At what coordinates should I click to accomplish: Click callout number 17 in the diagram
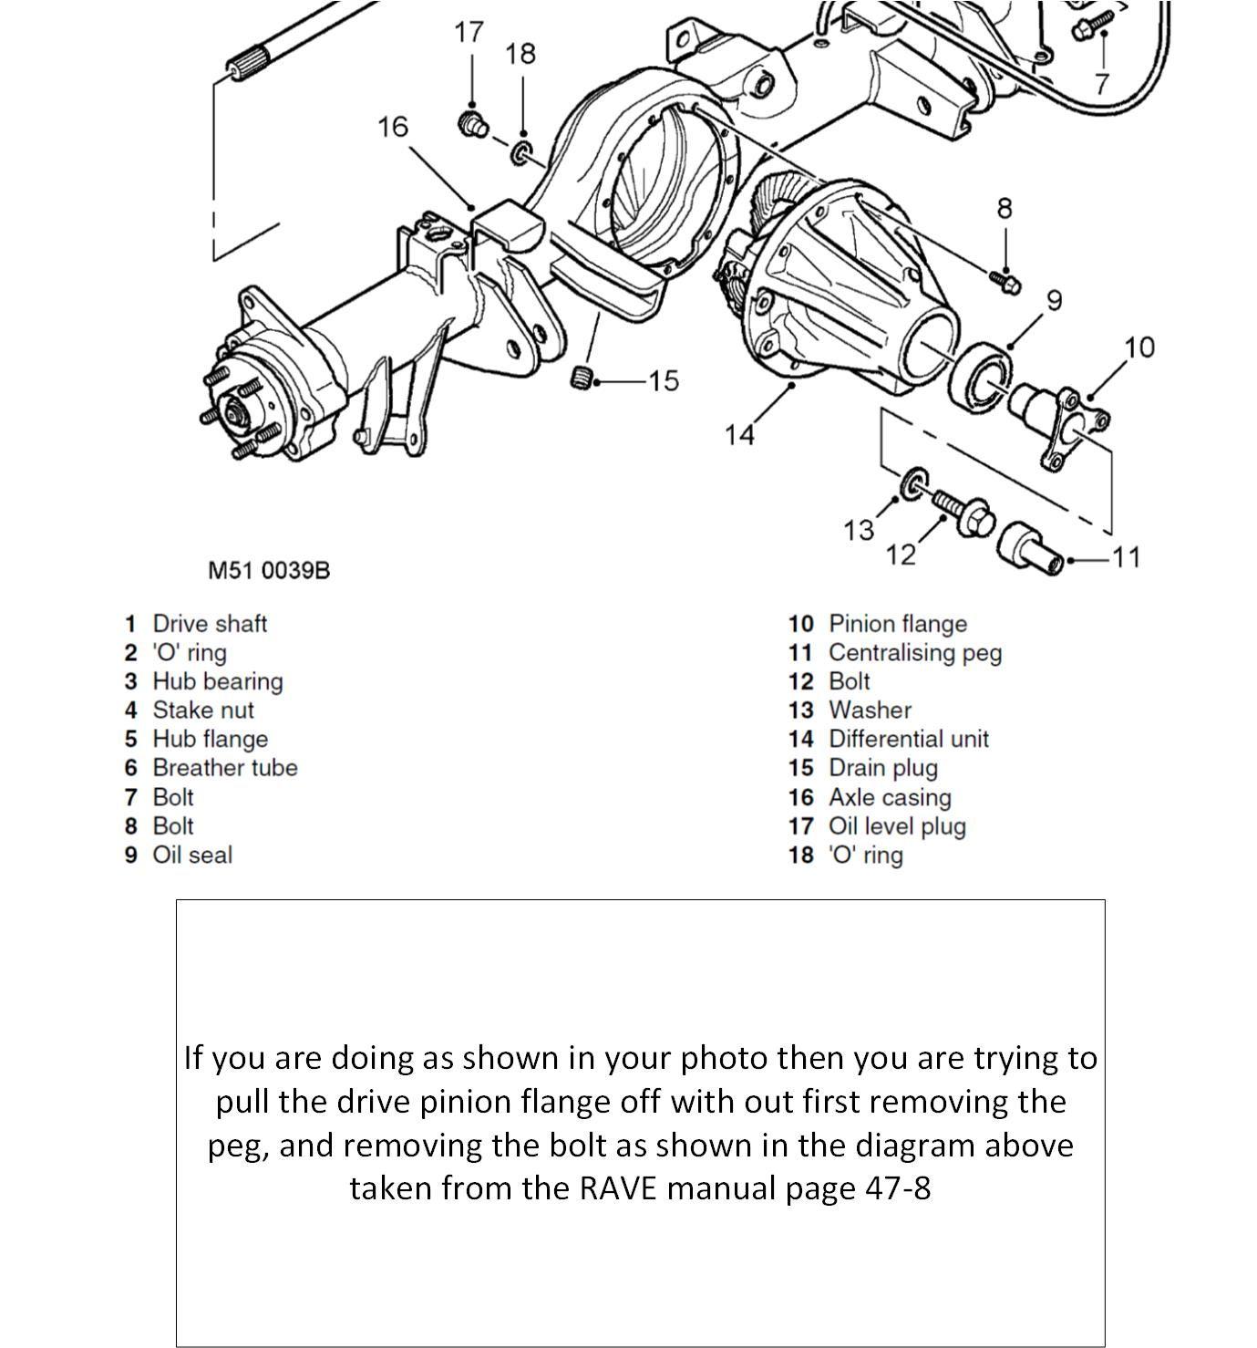pos(468,33)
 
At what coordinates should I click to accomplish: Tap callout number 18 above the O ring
pos(520,55)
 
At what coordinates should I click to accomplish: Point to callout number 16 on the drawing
pos(392,127)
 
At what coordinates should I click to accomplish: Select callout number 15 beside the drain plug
pos(664,381)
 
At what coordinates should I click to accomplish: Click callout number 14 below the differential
pos(739,435)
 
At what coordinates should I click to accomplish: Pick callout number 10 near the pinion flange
pos(1139,347)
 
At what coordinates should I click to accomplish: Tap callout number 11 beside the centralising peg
pos(1126,557)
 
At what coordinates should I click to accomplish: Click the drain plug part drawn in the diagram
pos(581,378)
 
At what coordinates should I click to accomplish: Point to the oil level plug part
pos(471,123)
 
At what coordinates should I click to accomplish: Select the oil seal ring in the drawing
pos(980,378)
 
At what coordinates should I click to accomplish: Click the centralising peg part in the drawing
pos(1030,549)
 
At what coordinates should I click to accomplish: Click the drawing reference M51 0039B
pos(269,570)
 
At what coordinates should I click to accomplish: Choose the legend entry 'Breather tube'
pos(225,768)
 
